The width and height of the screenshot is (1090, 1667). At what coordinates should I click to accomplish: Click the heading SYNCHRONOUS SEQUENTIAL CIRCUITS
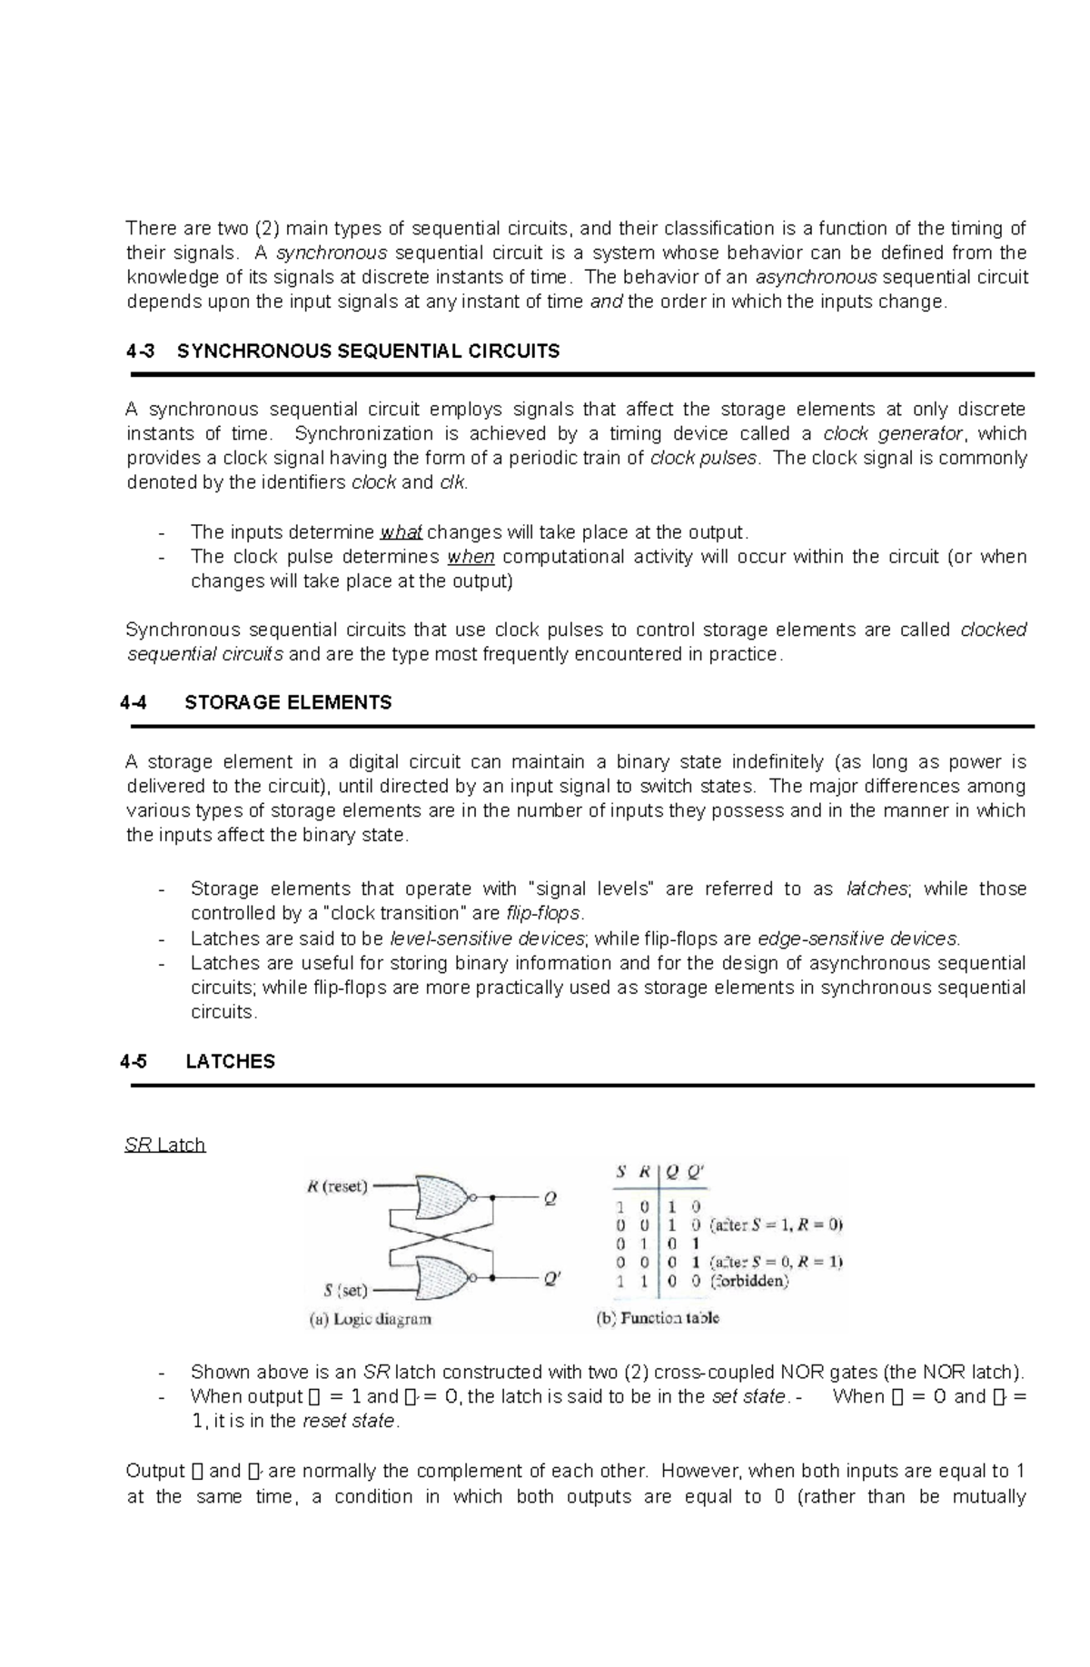368,352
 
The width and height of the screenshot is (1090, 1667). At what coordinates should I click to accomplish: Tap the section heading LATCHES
230,1061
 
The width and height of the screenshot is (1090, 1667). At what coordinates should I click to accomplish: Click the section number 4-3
141,352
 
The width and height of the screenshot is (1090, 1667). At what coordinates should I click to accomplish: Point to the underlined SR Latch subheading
164,1145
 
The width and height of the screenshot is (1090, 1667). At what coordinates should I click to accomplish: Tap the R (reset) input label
337,1186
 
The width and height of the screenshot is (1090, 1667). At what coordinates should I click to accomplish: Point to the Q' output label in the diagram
552,1278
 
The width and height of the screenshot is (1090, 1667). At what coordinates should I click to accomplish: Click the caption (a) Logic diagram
370,1319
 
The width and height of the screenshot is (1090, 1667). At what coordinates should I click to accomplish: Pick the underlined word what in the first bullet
401,532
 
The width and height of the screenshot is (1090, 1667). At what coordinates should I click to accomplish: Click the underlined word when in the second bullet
471,557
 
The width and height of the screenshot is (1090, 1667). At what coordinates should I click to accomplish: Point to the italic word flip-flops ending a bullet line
543,913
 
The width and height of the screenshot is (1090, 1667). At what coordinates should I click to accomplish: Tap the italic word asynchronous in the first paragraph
816,277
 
